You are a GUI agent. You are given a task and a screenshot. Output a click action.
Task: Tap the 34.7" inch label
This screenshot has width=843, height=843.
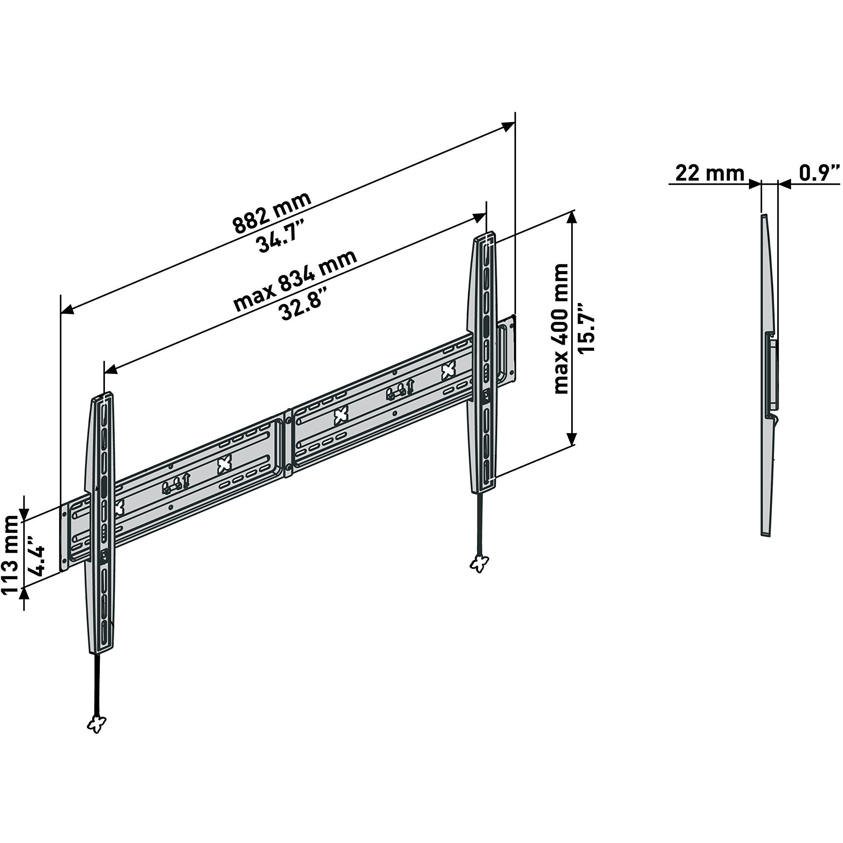278,237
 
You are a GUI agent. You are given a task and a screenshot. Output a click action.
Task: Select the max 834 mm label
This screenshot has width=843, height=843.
295,281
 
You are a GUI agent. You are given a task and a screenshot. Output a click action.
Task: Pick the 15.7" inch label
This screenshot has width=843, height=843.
586,328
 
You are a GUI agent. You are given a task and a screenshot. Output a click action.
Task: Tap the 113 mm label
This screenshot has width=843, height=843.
10,555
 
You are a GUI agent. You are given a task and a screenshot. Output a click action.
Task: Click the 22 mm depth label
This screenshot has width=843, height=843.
710,173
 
